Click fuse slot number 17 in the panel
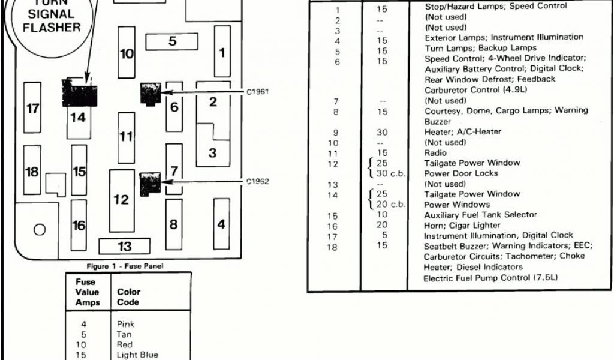pos(32,108)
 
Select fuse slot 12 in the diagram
pos(122,200)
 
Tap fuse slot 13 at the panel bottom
pos(124,246)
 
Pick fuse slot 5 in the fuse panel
pos(173,41)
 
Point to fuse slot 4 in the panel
pos(222,224)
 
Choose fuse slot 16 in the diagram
pos(79,226)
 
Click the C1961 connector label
pos(257,92)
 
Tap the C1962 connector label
pos(257,181)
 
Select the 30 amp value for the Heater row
pos(382,132)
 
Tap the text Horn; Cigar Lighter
pos(455,225)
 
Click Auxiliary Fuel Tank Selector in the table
pos(480,214)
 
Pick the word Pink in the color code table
pos(125,324)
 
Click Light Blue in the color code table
pos(137,355)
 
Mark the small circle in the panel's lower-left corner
pos(40,229)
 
